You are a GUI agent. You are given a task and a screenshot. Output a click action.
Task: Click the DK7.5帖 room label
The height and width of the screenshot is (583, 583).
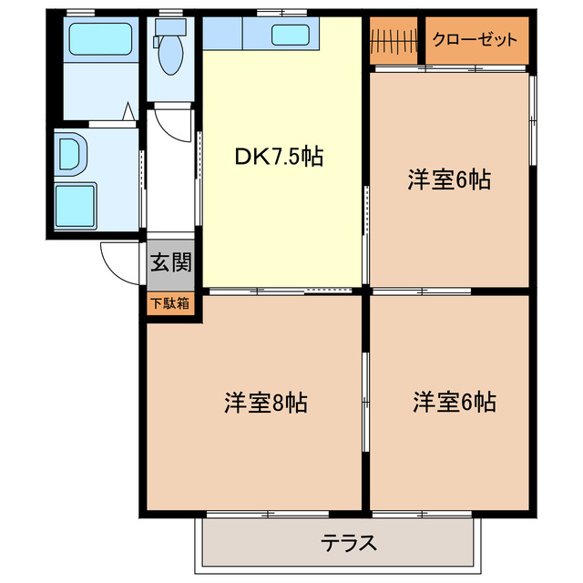(x=280, y=157)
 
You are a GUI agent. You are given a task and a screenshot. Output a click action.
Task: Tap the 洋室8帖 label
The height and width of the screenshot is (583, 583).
(x=265, y=402)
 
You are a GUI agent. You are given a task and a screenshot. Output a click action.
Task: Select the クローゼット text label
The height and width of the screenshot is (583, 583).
(x=475, y=39)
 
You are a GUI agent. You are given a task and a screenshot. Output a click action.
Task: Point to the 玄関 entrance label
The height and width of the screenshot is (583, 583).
(x=170, y=264)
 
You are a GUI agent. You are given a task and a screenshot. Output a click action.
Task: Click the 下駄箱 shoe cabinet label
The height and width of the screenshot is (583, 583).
(x=170, y=303)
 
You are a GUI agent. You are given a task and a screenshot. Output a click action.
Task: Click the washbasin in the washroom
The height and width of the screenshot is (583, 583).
(x=69, y=152)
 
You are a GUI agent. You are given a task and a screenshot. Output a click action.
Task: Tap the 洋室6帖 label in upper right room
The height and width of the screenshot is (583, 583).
(x=449, y=180)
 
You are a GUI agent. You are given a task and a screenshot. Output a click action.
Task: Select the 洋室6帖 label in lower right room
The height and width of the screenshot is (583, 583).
(x=454, y=402)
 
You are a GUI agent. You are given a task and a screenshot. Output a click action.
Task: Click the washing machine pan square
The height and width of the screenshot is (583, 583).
(x=77, y=206)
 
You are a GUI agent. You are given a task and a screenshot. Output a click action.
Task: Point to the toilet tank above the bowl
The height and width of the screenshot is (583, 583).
(x=169, y=29)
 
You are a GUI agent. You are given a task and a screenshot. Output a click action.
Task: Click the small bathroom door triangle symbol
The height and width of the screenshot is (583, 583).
(x=129, y=114)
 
